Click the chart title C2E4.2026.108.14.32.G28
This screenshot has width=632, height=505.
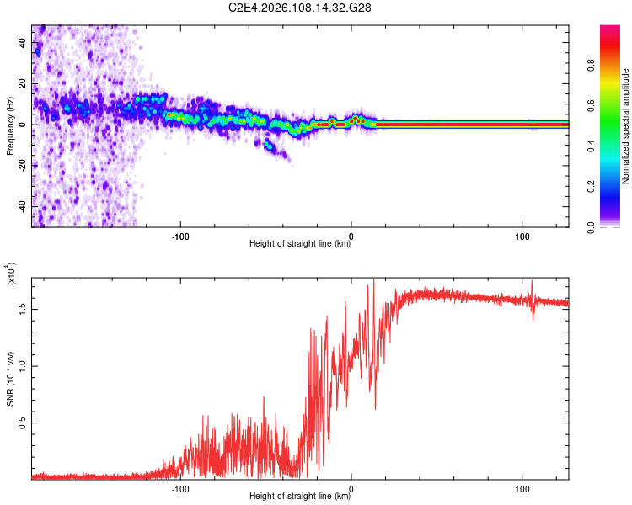[x=300, y=8]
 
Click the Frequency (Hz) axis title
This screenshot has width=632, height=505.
[x=11, y=126]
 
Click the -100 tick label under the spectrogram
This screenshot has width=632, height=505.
[x=180, y=236]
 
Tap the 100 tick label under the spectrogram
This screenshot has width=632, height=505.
[x=522, y=236]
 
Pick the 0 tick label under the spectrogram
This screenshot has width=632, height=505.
[x=351, y=236]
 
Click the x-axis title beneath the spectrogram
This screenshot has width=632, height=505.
[x=300, y=244]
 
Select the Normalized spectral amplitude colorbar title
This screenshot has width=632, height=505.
[x=626, y=126]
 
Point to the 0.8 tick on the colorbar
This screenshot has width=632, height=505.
[x=592, y=66]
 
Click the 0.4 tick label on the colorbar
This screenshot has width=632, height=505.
[x=592, y=146]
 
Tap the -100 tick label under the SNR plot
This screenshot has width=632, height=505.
[x=180, y=488]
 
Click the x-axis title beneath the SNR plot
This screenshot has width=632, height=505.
[x=300, y=497]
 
